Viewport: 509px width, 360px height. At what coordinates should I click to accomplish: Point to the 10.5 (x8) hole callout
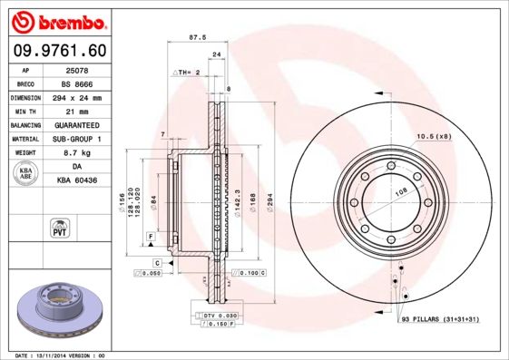[x=433, y=136]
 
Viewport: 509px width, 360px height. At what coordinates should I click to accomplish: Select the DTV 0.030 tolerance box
[x=215, y=314]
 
